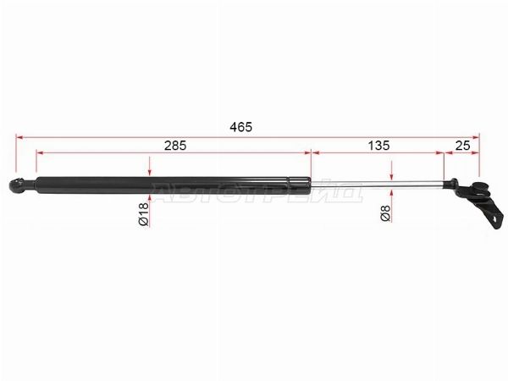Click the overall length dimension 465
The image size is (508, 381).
(x=240, y=127)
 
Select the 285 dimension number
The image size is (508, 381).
(x=175, y=146)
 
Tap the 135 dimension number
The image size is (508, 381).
(x=378, y=146)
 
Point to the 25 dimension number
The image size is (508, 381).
(x=462, y=146)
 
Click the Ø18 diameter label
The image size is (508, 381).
(x=144, y=214)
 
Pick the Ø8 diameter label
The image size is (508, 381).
(x=385, y=213)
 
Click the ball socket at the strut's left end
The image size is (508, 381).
(x=15, y=185)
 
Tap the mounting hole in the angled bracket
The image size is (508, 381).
(x=494, y=218)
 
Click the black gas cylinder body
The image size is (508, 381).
(x=173, y=185)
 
